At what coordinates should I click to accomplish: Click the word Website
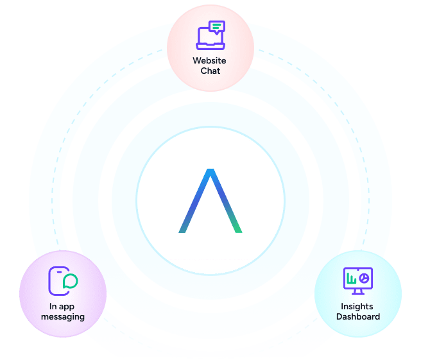tap(210, 61)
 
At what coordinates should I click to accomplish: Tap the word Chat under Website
tap(210, 71)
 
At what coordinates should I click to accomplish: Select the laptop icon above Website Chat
tap(210, 35)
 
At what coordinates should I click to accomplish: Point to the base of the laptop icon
tap(210, 47)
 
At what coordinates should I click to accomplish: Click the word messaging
tap(62, 316)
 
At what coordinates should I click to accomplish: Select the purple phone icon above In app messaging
tap(59, 281)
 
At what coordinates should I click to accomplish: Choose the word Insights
tap(357, 306)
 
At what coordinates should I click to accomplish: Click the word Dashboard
tap(357, 316)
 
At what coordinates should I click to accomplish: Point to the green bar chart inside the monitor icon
tap(351, 280)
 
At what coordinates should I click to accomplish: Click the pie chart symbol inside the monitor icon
tap(363, 278)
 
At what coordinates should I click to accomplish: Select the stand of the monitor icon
tap(357, 292)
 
